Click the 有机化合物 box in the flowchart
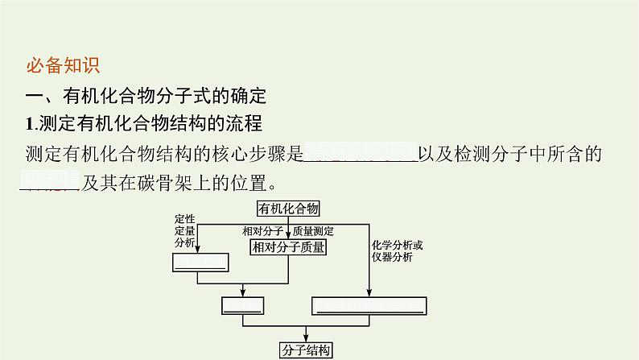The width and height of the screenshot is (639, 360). (x=288, y=209)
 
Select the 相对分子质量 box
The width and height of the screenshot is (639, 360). (x=288, y=247)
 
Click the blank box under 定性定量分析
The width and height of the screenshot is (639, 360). (x=200, y=263)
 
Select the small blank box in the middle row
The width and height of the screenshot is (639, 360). (x=242, y=305)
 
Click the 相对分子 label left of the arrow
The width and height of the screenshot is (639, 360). (x=262, y=231)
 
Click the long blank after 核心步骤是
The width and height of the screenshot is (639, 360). (x=359, y=155)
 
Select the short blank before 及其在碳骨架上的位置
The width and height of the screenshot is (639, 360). (x=48, y=182)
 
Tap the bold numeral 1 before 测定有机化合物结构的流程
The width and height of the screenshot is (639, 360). (x=30, y=125)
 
